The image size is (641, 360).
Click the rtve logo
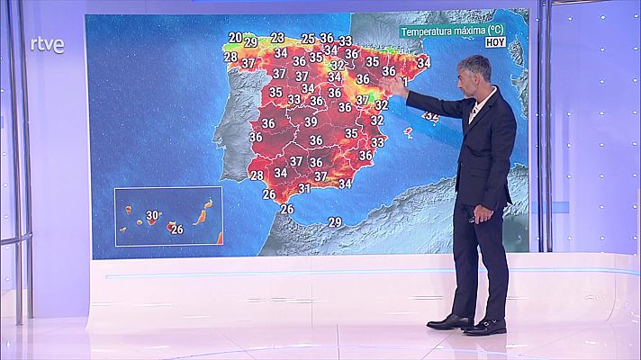[x=47, y=45]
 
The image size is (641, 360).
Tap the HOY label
[x=495, y=41]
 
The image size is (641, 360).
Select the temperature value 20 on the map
[x=235, y=38]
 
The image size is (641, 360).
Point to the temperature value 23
[x=277, y=38]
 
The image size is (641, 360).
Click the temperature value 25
[x=308, y=39]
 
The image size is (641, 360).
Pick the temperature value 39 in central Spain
[x=311, y=121]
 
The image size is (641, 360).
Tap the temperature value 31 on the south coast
[x=304, y=188]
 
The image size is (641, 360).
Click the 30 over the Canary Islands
[x=153, y=215]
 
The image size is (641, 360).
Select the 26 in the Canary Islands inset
[x=177, y=229]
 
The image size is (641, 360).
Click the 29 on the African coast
[x=335, y=221]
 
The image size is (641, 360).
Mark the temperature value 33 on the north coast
[x=346, y=40]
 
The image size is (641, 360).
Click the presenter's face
[x=474, y=79]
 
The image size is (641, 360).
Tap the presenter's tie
[x=472, y=112]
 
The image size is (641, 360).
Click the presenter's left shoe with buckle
[x=486, y=327]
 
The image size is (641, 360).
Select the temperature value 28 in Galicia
[x=230, y=57]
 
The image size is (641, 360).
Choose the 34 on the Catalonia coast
[x=423, y=62]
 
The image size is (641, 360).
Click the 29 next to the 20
[x=250, y=41]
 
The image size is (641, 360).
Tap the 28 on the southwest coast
[x=257, y=175]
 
